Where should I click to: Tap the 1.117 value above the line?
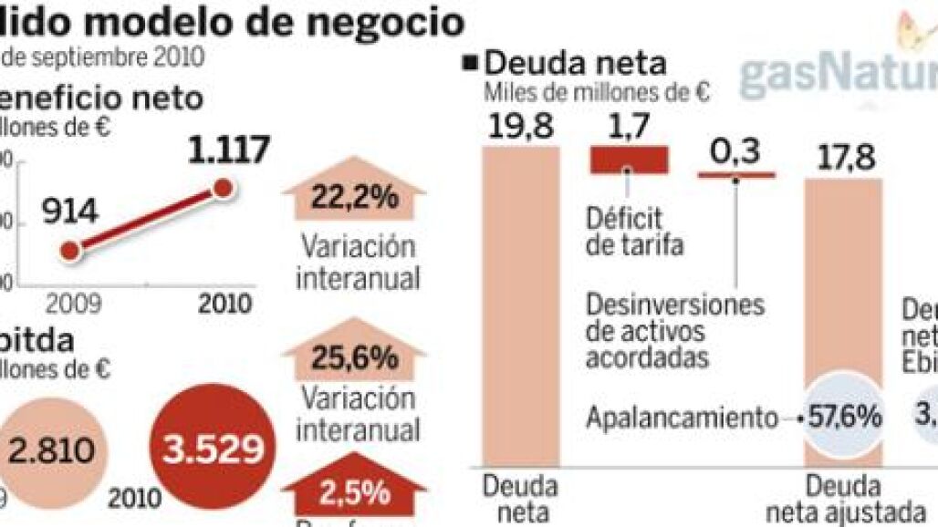click(x=217, y=149)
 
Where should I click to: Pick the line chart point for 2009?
click(x=71, y=248)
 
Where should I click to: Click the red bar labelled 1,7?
click(x=630, y=160)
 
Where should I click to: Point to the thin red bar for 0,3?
click(x=735, y=174)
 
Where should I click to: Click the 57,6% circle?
click(x=844, y=417)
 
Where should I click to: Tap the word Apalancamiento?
click(x=679, y=418)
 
